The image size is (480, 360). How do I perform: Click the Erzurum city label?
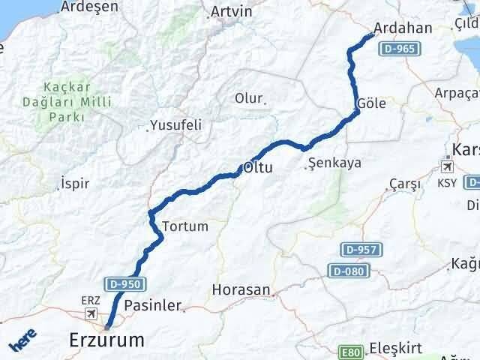(x=106, y=340)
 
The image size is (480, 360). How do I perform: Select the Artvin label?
(x=232, y=12)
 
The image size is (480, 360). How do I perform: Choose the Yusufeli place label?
(x=176, y=125)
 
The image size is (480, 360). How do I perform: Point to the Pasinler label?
(x=152, y=305)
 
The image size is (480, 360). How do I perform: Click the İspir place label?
(x=76, y=182)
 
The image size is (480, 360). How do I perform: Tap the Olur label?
(x=249, y=98)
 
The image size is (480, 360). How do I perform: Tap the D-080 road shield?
(x=349, y=268)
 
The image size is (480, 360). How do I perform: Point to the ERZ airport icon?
(x=91, y=313)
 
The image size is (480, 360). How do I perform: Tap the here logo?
(x=22, y=340)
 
